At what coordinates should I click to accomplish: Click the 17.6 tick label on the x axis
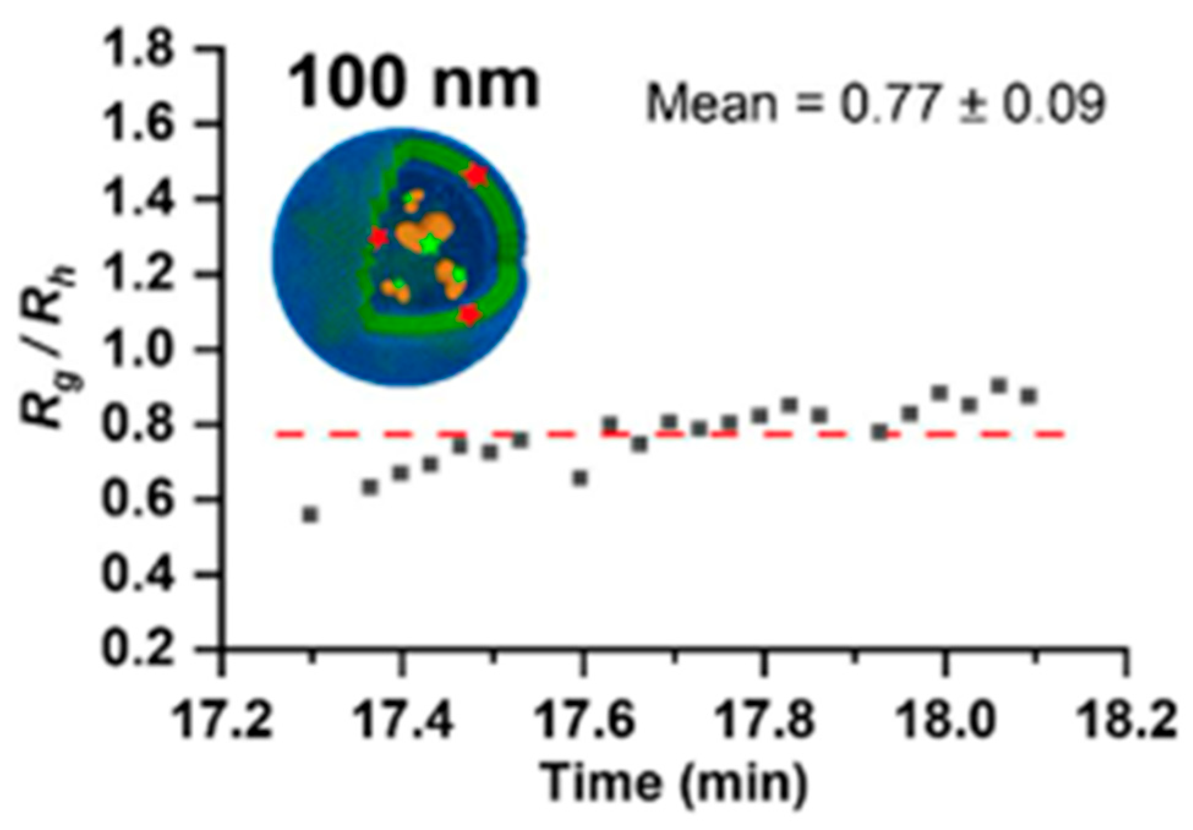pyautogui.click(x=584, y=720)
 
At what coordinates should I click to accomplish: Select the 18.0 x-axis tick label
pyautogui.click(x=945, y=720)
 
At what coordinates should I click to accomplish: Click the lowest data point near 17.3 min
pyautogui.click(x=310, y=515)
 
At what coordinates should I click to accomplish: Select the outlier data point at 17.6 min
pyautogui.click(x=580, y=478)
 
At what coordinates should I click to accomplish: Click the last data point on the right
pyautogui.click(x=1029, y=396)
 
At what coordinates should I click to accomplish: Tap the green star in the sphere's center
pyautogui.click(x=430, y=244)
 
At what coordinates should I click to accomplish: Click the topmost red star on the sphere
pyautogui.click(x=475, y=176)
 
